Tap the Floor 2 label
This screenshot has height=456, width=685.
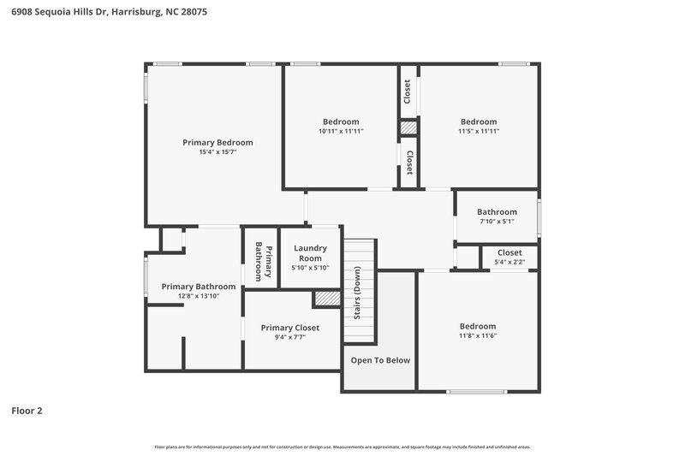pos(27,411)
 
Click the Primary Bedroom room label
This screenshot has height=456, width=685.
pos(217,142)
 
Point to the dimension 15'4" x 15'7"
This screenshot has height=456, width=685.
pos(217,152)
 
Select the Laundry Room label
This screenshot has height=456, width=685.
pos(310,253)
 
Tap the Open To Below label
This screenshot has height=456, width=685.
pos(380,360)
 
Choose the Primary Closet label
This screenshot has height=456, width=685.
pos(289,328)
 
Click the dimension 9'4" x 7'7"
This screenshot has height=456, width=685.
pos(289,338)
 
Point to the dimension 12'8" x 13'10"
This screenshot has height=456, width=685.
pos(199,296)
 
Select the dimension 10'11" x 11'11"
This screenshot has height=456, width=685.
pos(341,131)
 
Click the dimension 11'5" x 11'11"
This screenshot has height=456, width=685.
pos(479,131)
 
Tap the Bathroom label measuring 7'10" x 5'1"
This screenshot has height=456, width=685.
pos(497,212)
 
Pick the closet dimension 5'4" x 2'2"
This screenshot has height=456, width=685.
pos(509,262)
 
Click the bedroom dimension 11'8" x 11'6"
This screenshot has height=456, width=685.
pos(477,336)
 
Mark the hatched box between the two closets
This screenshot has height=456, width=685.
pos(408,127)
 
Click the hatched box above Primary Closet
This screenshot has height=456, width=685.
pos(325,298)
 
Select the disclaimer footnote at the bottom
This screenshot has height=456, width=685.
pos(342,447)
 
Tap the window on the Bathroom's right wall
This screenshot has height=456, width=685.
pos(539,216)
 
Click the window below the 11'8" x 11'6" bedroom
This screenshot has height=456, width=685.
pos(476,392)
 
